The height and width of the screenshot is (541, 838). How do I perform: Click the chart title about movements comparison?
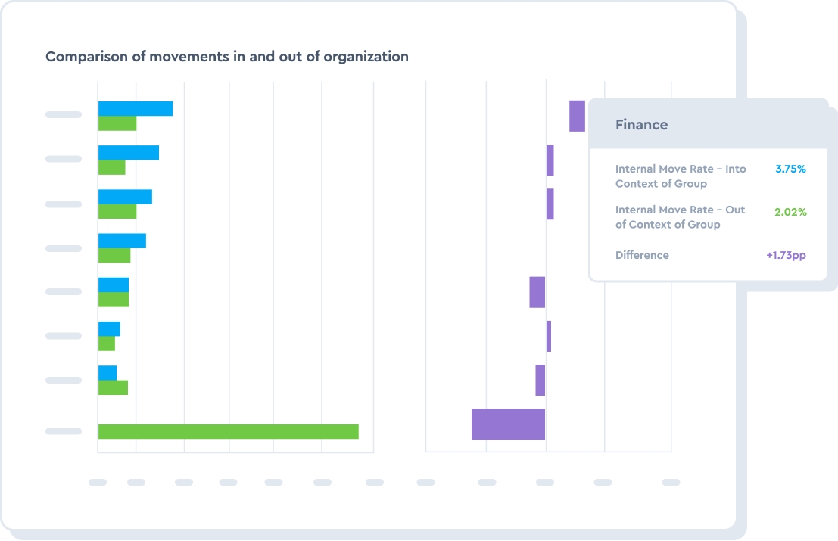227,57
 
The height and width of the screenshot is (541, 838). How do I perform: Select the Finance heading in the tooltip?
641,125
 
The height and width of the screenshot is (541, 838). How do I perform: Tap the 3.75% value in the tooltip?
790,169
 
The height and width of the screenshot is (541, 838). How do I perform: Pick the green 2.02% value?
790,212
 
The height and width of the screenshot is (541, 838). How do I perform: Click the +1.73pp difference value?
786,255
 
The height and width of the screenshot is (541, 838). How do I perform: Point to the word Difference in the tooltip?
642,255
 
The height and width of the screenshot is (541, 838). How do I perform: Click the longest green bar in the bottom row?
228,431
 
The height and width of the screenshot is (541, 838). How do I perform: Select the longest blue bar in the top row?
136,108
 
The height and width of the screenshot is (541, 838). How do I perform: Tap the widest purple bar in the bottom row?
508,424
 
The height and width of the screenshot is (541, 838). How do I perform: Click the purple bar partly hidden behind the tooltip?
577,116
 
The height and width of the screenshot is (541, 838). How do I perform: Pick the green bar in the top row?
117,123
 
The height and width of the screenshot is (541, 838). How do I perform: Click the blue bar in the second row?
129,152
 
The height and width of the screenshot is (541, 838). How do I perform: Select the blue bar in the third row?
125,196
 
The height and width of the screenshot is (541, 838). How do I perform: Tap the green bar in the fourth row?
114,256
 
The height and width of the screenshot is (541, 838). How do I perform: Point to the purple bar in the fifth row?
537,292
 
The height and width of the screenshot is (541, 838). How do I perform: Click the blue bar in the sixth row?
109,328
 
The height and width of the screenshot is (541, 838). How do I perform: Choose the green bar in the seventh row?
113,387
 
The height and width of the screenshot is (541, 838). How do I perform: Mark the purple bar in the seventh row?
540,380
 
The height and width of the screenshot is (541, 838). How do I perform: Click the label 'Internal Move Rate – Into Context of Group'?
681,176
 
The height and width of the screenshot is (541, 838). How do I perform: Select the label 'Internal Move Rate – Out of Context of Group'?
680,217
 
